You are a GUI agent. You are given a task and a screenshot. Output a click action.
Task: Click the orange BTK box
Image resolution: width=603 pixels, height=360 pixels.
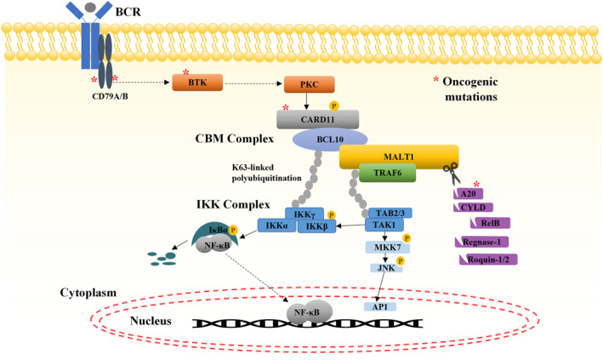click(197, 83)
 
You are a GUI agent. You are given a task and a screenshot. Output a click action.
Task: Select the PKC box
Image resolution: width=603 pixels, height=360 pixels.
click(310, 84)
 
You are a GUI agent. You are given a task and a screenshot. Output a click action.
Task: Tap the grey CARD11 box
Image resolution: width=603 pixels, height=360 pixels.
click(317, 119)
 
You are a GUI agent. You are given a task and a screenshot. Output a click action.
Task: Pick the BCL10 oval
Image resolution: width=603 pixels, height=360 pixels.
click(330, 140)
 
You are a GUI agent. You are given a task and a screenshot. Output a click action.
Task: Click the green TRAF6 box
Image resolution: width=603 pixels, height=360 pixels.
click(387, 173)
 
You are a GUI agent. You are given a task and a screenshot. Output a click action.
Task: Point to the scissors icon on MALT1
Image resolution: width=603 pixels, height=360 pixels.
click(452, 173)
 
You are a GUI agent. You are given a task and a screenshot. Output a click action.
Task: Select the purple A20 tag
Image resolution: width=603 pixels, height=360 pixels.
click(468, 194)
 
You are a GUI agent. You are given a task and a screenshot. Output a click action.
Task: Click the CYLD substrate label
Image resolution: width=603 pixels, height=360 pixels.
click(473, 208)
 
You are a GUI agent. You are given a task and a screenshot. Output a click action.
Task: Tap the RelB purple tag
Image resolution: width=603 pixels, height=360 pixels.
click(490, 223)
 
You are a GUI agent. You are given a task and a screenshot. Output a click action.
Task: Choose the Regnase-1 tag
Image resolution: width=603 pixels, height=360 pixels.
click(481, 243)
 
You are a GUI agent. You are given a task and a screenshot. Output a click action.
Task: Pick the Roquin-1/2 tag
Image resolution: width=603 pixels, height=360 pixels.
click(488, 260)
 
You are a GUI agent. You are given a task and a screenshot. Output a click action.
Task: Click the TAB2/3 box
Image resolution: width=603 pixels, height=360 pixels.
click(390, 213)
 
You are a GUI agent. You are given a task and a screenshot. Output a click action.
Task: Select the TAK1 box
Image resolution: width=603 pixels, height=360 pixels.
click(384, 225)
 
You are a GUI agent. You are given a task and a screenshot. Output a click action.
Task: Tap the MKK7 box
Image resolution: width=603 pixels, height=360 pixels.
click(387, 247)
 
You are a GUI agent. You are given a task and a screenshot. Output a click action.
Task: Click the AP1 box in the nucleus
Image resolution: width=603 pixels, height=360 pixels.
click(379, 307)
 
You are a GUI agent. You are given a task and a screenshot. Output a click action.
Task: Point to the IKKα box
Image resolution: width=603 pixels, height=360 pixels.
click(276, 226)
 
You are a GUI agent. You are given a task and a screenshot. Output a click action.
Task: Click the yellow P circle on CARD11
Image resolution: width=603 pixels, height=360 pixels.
click(333, 106)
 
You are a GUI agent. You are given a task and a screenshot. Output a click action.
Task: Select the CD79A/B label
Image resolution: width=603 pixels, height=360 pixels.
click(110, 96)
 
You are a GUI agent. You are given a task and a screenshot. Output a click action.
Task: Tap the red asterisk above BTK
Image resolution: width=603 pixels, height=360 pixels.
click(186, 72)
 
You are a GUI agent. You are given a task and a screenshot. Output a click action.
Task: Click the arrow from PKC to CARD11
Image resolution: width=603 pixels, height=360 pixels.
click(306, 101)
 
